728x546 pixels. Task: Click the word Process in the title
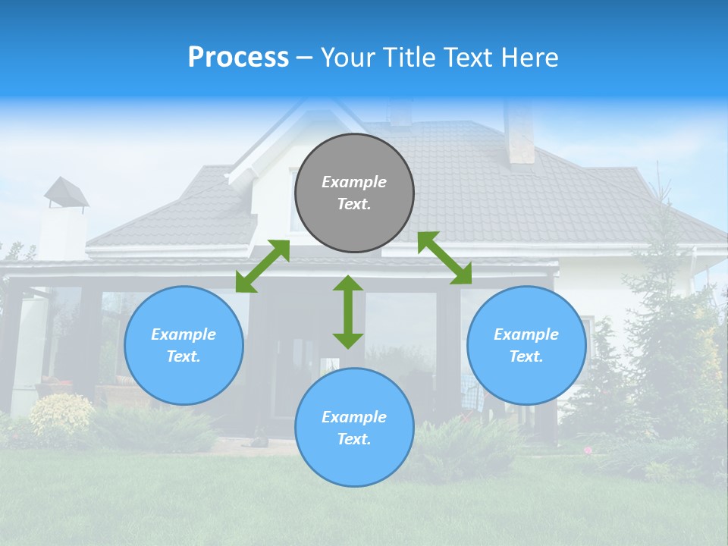coord(238,58)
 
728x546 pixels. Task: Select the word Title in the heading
coord(403,58)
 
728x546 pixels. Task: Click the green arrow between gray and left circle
coord(262,266)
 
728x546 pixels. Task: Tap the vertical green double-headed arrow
coord(348,312)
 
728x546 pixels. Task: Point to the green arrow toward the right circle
coord(445,258)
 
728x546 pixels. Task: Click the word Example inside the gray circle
coord(354,182)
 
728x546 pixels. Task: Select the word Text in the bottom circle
coord(353,439)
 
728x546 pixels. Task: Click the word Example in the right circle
coord(526,334)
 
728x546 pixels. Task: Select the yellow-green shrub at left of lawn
coord(61,415)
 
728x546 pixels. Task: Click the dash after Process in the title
coord(304,58)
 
